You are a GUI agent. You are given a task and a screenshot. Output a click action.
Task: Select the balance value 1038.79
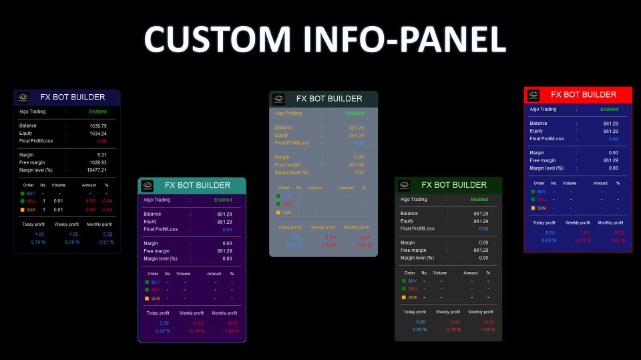pyautogui.click(x=98, y=126)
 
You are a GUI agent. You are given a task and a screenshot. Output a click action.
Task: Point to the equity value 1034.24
pyautogui.click(x=98, y=134)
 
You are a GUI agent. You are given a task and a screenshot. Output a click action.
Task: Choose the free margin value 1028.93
pyautogui.click(x=97, y=162)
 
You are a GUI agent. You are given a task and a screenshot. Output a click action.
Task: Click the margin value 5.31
pyautogui.click(x=101, y=155)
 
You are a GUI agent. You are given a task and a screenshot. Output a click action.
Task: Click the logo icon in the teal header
pyautogui.click(x=148, y=185)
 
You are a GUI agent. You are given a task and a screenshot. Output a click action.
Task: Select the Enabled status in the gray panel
pyautogui.click(x=355, y=114)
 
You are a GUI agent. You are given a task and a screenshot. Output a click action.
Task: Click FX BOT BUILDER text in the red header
pyautogui.click(x=584, y=95)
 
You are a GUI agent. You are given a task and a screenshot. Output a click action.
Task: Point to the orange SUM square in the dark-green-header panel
pyautogui.click(x=403, y=297)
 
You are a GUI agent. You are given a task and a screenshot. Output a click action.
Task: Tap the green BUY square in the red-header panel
pyautogui.click(x=533, y=191)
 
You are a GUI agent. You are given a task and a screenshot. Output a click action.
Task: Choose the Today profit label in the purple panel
pyautogui.click(x=158, y=313)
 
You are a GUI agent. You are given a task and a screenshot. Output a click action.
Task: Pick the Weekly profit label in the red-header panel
pyautogui.click(x=578, y=222)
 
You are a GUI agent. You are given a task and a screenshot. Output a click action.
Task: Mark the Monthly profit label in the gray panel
pyautogui.click(x=356, y=227)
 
